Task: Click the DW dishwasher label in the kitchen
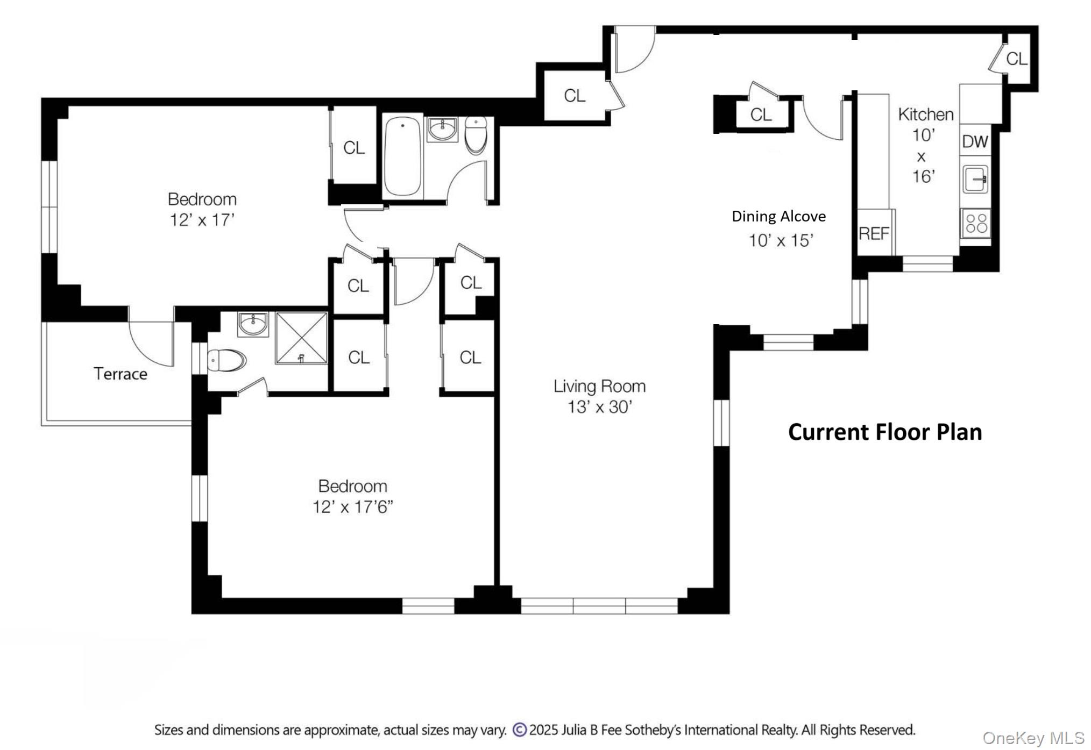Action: [975, 141]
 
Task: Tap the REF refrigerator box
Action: [874, 233]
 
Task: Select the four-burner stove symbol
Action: [976, 223]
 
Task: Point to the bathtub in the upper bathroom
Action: [402, 156]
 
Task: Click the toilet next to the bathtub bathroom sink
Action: [476, 134]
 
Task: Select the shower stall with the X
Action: [301, 338]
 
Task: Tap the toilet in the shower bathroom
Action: [226, 360]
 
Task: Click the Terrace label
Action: [120, 374]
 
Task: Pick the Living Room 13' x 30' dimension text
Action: [599, 407]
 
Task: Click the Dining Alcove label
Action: [778, 216]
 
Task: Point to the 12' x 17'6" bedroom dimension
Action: [353, 506]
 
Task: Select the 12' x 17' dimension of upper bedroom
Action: [202, 219]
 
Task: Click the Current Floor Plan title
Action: [885, 432]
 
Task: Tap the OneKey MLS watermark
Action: [1033, 738]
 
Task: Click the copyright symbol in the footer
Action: [519, 730]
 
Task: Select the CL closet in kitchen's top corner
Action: [1016, 58]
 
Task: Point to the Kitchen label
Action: [925, 114]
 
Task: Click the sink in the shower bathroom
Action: [253, 324]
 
